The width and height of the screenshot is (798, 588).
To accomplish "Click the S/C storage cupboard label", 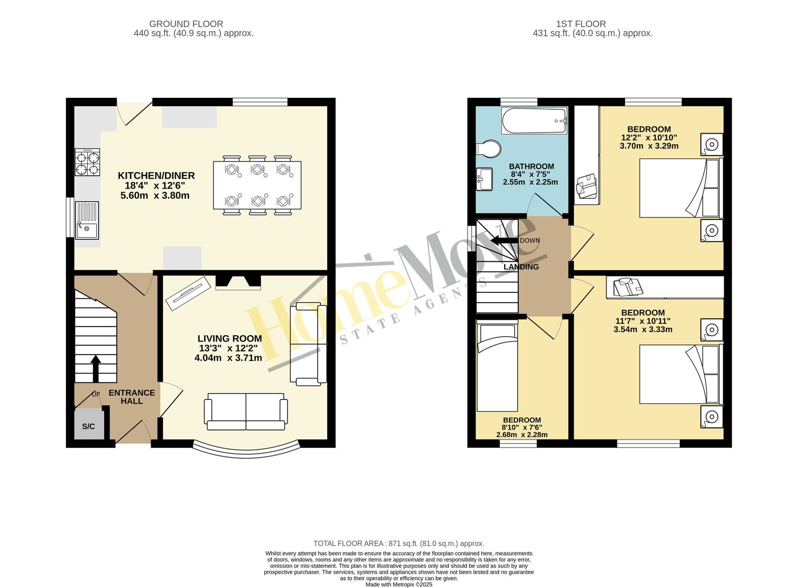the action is tap(88, 426).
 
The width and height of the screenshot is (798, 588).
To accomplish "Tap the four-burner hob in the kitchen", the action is tap(87, 163).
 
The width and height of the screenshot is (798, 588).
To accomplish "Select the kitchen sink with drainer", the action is tap(87, 220).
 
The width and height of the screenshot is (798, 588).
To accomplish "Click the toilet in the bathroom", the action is tap(488, 149).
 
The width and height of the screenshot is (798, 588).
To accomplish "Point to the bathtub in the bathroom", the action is tap(534, 121).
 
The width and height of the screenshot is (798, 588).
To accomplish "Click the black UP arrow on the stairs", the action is tap(95, 369).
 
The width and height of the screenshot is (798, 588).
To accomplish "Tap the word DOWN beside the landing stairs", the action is tap(530, 241).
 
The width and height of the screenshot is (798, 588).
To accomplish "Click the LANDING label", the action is tap(521, 267).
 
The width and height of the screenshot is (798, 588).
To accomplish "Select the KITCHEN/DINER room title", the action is tap(156, 176).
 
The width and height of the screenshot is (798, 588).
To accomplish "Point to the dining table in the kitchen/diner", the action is tap(257, 185).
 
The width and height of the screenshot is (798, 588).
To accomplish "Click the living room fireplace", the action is tap(238, 282).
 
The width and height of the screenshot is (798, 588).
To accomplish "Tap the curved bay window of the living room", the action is tap(246, 453).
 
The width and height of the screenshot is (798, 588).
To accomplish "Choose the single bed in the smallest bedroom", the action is tap(497, 366).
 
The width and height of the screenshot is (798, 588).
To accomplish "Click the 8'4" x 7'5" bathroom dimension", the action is tap(531, 174).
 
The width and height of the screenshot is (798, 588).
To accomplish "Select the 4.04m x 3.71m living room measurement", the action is tap(228, 358).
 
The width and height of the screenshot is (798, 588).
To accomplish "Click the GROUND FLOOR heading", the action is tap(186, 24).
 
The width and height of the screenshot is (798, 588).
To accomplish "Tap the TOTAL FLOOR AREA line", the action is tap(399, 544).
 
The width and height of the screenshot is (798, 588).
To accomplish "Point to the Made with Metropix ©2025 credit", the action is tap(399, 585).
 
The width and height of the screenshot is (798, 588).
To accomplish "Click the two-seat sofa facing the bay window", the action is tap(246, 412).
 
